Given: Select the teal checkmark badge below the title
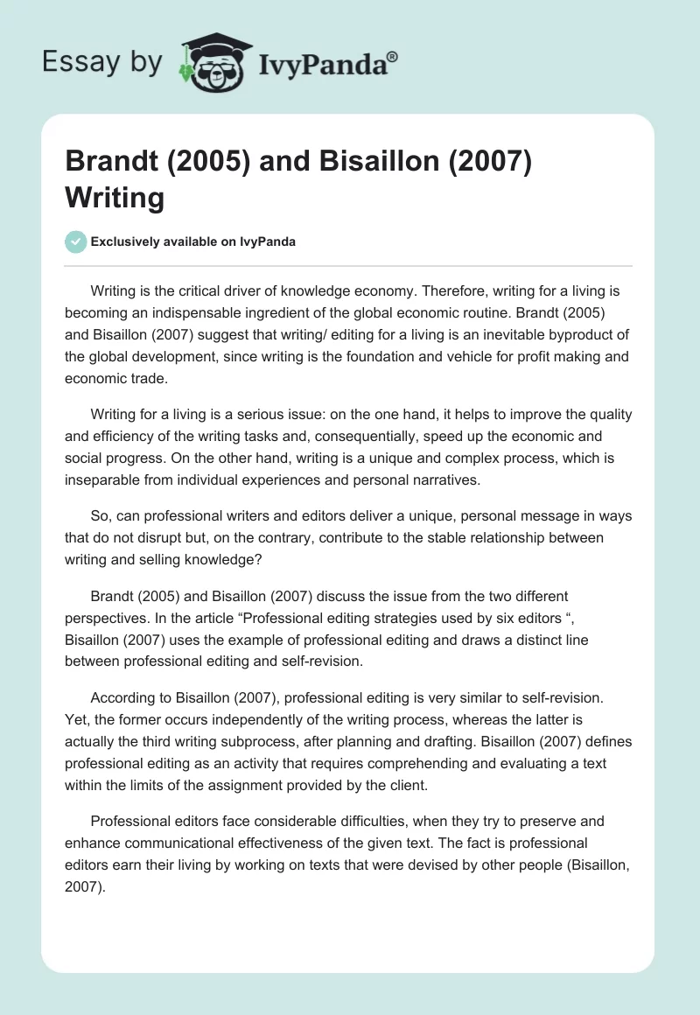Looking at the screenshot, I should tap(76, 241).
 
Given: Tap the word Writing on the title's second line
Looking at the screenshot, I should tap(115, 198).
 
